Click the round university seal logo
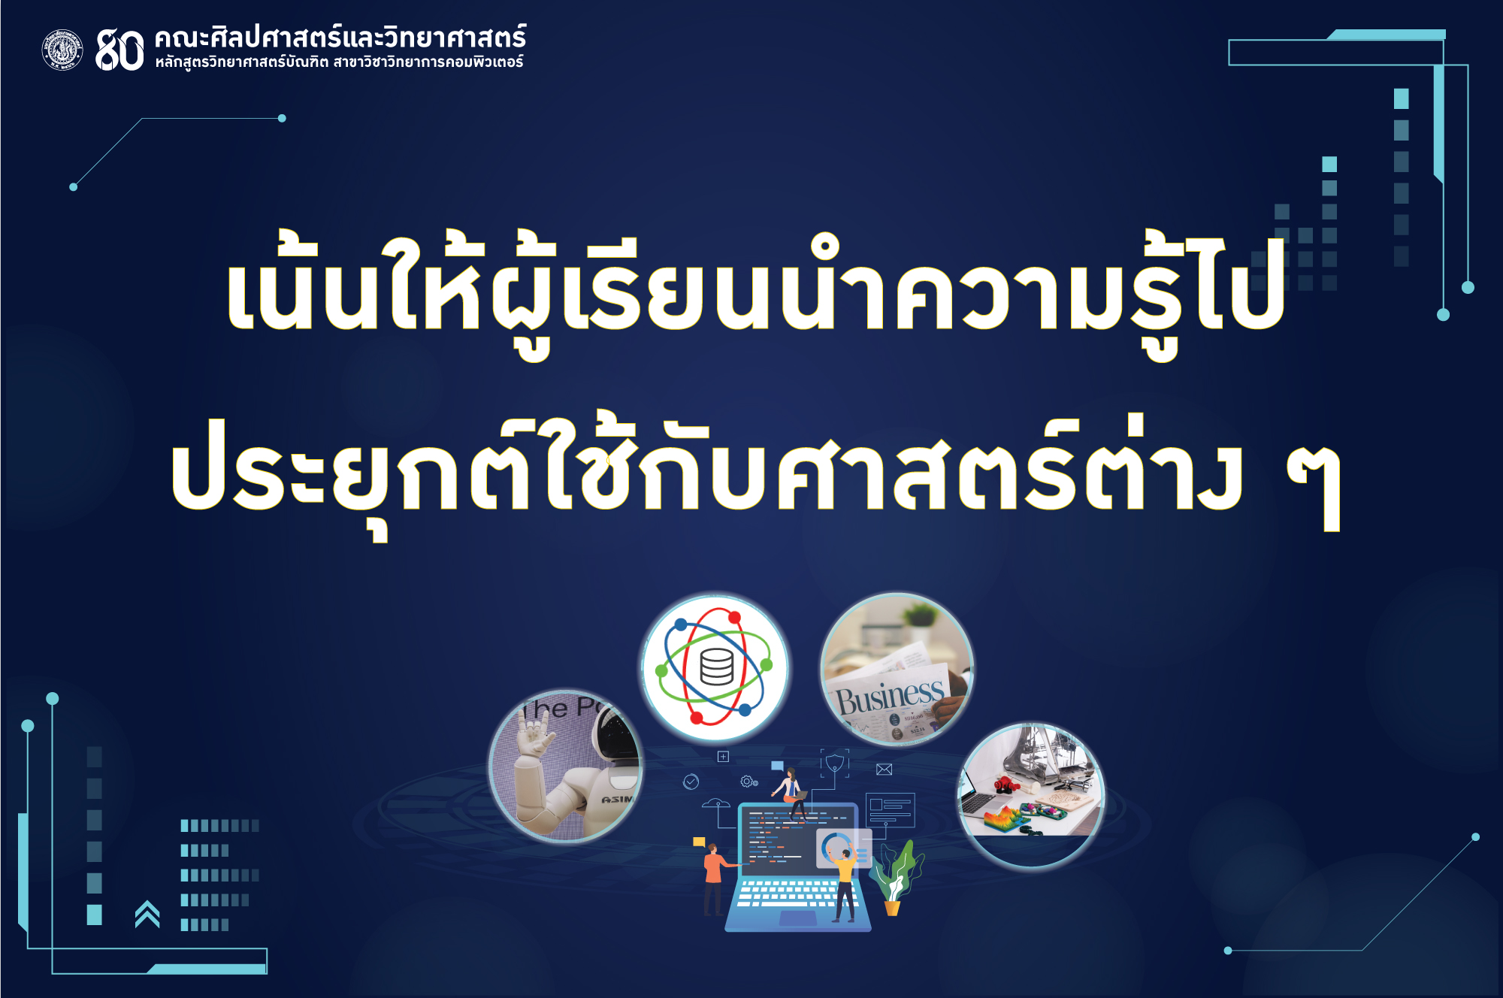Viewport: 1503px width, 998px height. (x=62, y=50)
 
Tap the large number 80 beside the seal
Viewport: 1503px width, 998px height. (x=119, y=50)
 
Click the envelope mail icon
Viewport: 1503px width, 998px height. (x=884, y=769)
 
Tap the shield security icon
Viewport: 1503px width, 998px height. (x=834, y=764)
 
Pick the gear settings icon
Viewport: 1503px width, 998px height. (x=748, y=782)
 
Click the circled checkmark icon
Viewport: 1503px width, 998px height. (x=691, y=782)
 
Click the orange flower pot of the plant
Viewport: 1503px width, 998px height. (x=892, y=908)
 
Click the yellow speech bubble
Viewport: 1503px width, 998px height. (x=699, y=842)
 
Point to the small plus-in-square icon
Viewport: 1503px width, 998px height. (x=723, y=757)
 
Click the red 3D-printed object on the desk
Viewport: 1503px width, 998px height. (x=1006, y=785)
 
